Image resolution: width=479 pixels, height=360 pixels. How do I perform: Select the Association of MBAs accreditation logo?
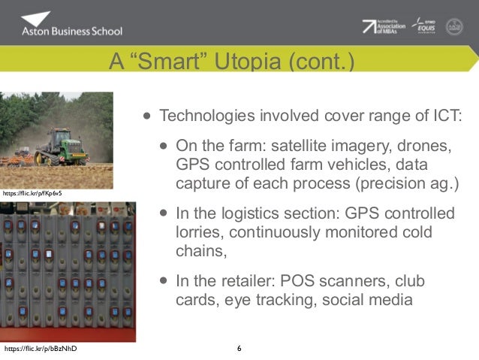point(384,27)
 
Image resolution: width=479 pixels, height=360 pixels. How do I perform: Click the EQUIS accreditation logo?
point(425,26)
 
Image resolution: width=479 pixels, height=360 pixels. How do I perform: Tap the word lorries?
point(196,233)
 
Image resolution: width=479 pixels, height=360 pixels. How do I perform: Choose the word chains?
point(200,251)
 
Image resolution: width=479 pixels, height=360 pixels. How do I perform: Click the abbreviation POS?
point(296,281)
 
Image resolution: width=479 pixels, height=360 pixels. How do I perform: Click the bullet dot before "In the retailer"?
point(163,282)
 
